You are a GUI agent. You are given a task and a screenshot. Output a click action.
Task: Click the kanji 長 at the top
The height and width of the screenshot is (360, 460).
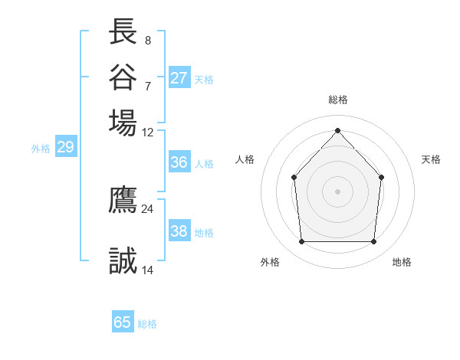123,32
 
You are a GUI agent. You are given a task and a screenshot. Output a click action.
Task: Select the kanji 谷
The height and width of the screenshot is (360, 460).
123,77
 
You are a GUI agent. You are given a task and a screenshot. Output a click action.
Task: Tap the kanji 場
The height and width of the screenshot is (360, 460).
123,122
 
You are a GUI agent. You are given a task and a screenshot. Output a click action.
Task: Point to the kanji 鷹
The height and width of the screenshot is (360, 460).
123,200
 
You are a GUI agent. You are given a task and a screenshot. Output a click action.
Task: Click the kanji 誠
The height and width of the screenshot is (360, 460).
123,262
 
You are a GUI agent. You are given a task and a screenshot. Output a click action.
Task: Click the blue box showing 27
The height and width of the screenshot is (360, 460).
179,78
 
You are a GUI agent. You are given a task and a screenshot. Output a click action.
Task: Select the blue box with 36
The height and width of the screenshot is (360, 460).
179,162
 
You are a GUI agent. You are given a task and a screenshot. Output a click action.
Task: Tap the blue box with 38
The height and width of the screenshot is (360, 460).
179,231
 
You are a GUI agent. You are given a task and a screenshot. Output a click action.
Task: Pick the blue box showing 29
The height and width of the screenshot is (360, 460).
65,147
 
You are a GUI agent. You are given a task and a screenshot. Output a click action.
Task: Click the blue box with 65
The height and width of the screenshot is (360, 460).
123,322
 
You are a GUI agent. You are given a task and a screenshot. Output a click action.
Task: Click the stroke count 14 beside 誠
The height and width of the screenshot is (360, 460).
148,270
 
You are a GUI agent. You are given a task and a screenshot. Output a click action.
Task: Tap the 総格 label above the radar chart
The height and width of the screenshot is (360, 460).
337,100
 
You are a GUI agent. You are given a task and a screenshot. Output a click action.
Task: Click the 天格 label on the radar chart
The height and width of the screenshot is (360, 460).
431,159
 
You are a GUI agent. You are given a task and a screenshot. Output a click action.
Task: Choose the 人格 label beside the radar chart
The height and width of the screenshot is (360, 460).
245,159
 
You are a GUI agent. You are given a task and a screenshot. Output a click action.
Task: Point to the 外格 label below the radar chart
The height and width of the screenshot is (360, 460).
270,262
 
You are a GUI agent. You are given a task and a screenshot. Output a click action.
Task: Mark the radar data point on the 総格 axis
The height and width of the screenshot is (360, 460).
337,130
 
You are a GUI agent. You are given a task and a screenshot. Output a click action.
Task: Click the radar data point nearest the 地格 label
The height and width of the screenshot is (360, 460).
373,242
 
